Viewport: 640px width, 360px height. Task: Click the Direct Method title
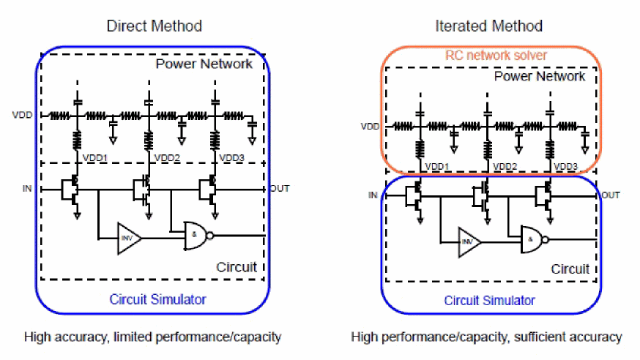154,26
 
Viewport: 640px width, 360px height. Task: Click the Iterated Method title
488,26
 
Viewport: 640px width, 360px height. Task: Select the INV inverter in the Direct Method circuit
127,238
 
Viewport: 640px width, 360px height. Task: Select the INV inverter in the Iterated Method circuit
469,239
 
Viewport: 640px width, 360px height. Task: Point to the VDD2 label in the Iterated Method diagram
505,167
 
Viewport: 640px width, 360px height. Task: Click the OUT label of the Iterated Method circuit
611,195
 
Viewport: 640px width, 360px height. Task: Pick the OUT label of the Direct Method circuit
279,189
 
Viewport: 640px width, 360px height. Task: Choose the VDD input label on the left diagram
23,115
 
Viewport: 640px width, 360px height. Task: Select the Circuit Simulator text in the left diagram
157,299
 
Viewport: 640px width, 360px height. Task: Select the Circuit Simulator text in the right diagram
490,301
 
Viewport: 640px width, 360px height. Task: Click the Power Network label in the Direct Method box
204,64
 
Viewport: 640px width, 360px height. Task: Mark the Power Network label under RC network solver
540,76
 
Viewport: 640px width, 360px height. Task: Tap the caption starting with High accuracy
152,337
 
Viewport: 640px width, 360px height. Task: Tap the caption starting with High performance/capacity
486,337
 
